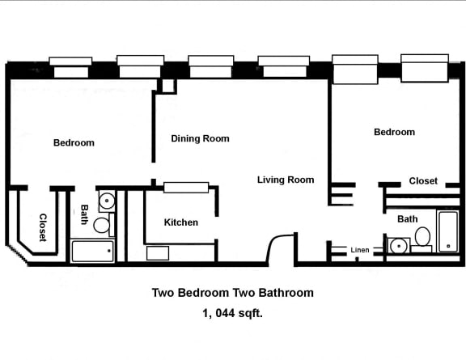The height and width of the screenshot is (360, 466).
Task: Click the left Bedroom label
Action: click(74, 143)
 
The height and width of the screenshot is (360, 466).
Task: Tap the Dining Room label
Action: click(200, 138)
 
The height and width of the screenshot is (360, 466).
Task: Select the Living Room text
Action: click(286, 180)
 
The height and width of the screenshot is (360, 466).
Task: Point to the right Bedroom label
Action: click(394, 132)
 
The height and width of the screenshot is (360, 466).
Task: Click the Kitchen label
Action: click(180, 222)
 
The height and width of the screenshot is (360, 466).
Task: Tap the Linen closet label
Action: click(360, 250)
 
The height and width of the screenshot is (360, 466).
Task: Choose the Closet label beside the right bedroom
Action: click(422, 181)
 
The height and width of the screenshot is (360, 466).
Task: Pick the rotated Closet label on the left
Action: click(42, 227)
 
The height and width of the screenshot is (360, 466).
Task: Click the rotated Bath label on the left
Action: click(84, 214)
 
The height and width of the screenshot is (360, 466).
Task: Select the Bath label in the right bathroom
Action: click(407, 219)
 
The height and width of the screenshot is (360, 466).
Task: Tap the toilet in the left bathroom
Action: click(102, 225)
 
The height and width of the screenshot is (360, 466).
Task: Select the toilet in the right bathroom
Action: click(422, 237)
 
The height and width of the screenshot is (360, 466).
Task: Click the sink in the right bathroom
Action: click(398, 246)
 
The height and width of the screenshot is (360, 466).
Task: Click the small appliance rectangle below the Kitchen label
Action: click(157, 253)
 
